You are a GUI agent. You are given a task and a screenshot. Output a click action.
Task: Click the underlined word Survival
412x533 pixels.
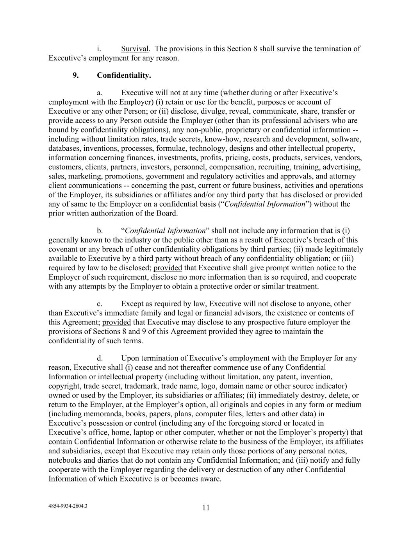click(135, 49)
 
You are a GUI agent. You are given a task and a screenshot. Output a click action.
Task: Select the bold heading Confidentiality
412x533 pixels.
click(124, 75)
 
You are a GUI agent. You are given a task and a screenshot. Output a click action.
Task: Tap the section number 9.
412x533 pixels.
click(75, 75)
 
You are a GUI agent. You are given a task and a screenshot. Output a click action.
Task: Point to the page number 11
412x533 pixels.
click(206, 508)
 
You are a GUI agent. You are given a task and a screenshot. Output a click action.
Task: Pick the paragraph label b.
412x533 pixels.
click(100, 231)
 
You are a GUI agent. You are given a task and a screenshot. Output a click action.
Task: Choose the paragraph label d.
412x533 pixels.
click(100, 358)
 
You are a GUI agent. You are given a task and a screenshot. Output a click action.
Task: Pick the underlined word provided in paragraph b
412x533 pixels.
click(168, 268)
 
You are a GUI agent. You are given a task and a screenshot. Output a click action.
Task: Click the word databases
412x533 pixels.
click(63, 148)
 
